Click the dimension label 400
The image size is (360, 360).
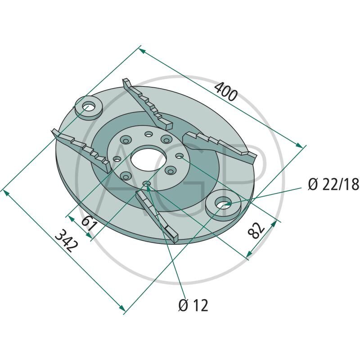click(226, 90)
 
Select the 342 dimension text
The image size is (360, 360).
click(66, 243)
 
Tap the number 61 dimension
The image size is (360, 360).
click(90, 223)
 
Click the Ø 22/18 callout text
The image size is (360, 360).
click(333, 184)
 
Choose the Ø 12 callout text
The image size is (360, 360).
click(193, 306)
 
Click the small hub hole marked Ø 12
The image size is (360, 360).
click(147, 183)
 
